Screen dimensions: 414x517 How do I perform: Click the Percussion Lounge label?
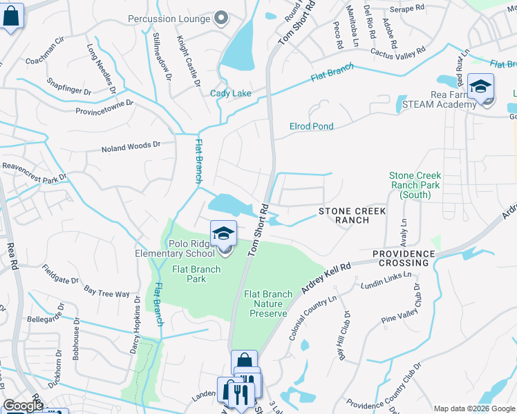[x=169, y=19]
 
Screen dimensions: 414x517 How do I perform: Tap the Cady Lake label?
[x=231, y=93]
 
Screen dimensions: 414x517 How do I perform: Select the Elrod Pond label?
[x=311, y=126]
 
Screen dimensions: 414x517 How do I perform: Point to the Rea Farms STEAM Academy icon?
[x=480, y=88]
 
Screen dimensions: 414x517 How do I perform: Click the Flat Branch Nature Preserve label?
[x=268, y=304]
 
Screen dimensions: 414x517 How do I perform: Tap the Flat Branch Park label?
[x=196, y=274]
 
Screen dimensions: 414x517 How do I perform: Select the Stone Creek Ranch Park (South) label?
[x=415, y=186]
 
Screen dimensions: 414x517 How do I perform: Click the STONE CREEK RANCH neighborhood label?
[x=343, y=215]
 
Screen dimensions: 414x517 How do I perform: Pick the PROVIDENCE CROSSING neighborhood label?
[x=404, y=258]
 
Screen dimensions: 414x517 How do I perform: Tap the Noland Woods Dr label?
[x=131, y=146]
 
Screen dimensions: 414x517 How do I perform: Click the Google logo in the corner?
[x=23, y=406]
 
